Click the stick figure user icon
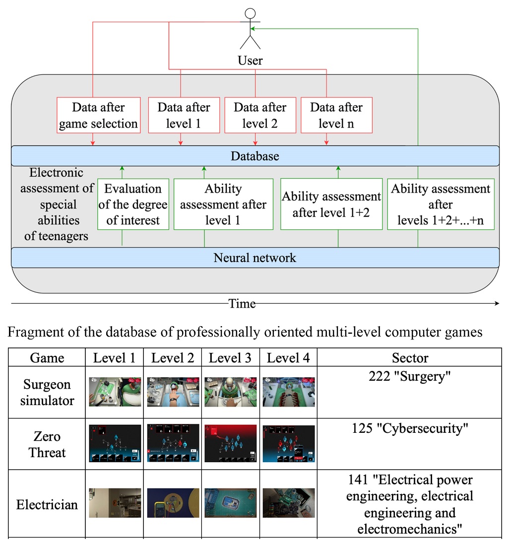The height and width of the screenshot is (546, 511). (x=251, y=28)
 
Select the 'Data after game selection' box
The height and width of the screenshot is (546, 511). (x=98, y=115)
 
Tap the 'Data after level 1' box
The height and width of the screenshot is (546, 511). (x=184, y=115)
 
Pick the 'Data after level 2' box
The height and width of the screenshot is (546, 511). (x=260, y=115)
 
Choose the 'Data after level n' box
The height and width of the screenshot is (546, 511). (x=336, y=115)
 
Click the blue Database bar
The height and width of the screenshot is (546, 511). (x=255, y=156)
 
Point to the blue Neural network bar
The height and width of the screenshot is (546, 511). (x=255, y=258)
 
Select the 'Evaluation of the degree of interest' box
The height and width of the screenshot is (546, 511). (x=133, y=204)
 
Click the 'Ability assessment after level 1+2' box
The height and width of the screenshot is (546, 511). (x=331, y=204)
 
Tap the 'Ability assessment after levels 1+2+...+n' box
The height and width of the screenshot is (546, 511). (x=441, y=204)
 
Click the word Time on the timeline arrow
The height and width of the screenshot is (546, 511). (x=242, y=303)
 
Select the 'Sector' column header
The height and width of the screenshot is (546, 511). (x=410, y=358)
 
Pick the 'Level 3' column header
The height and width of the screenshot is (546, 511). (x=230, y=358)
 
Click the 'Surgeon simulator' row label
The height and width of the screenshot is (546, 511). (x=47, y=392)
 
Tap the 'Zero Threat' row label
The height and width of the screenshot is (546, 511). (x=47, y=444)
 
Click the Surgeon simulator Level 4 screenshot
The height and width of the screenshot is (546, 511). (x=288, y=392)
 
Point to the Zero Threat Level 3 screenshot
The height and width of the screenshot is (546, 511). (x=231, y=443)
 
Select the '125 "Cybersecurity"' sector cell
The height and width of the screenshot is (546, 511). (x=410, y=428)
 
